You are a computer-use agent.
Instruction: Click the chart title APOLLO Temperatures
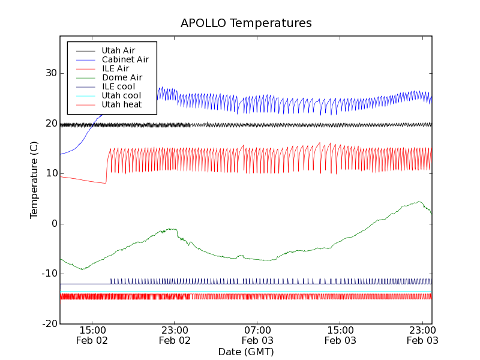246,23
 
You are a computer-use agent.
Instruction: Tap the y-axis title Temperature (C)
34,180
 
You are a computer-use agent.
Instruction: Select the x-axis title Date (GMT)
245,352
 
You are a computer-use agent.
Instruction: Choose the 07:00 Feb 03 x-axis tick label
257,335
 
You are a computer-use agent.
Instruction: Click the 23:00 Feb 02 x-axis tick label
175,335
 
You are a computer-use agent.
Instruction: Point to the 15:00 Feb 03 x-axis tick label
340,335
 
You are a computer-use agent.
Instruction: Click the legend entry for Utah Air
118,50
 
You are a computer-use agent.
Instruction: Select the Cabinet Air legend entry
125,59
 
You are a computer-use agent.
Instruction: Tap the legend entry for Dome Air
122,77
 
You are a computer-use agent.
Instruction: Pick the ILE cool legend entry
118,86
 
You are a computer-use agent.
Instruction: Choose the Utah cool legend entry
121,95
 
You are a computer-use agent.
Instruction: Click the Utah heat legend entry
121,104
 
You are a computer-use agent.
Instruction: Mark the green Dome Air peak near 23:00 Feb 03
419,202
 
